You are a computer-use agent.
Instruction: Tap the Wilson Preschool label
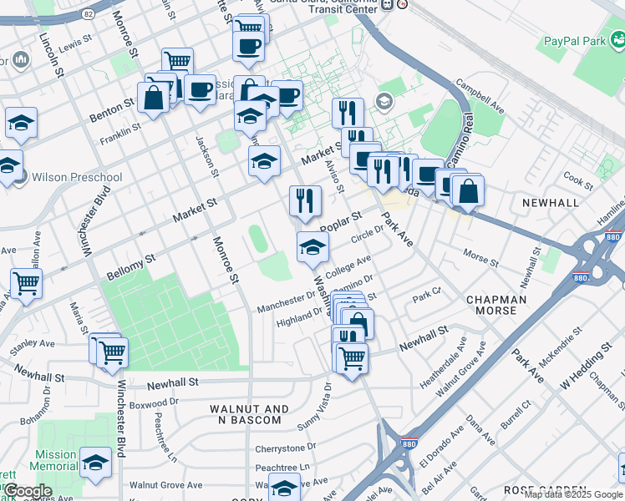point(76,177)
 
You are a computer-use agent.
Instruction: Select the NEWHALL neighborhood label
point(550,203)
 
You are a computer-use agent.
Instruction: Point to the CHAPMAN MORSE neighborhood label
point(496,306)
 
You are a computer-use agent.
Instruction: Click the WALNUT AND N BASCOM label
point(249,414)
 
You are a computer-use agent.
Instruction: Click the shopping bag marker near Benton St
point(154,97)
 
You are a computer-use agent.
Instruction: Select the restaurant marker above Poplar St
point(305,200)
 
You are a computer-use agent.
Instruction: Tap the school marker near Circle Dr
point(312,246)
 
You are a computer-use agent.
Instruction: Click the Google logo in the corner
point(27,491)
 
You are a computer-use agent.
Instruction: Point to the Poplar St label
point(340,222)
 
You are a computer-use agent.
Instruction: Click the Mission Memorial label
point(56,461)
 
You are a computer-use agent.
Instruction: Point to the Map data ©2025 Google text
point(573,494)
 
